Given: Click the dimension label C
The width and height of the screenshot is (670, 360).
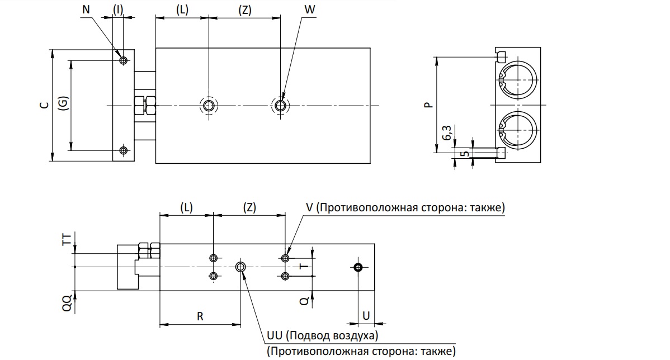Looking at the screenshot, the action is (x=44, y=105).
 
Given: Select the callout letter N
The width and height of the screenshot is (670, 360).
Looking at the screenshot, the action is (x=86, y=10).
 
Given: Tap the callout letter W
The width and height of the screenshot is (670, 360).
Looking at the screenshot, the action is (x=310, y=10).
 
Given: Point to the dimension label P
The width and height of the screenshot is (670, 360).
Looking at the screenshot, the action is (x=428, y=105).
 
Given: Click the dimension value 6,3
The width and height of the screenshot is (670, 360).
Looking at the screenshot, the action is (x=446, y=133).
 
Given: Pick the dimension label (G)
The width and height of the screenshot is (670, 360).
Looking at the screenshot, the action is (x=63, y=103).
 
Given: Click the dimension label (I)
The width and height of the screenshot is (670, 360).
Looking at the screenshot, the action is (x=118, y=10).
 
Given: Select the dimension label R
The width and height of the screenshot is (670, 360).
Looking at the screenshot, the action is (x=200, y=316).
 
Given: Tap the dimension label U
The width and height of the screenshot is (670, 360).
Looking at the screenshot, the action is (x=366, y=316).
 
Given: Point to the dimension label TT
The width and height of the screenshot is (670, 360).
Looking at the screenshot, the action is (x=67, y=240).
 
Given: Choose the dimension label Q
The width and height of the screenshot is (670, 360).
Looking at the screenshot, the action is (x=304, y=301).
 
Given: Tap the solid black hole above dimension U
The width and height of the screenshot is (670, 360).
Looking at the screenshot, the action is (x=358, y=267).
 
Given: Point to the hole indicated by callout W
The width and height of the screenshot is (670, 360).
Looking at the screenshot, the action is (x=280, y=105).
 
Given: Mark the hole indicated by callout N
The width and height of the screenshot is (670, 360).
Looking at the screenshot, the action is (x=124, y=60).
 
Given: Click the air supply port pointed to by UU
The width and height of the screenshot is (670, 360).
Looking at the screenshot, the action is (x=240, y=267).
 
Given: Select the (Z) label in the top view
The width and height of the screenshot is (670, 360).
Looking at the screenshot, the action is (x=245, y=10).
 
